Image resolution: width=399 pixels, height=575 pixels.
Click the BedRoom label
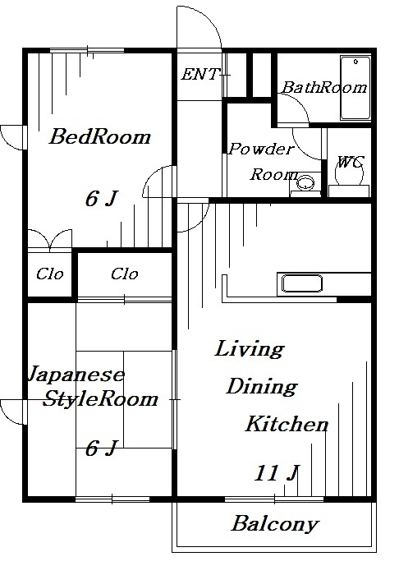99,137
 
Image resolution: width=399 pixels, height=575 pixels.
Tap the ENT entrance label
199,75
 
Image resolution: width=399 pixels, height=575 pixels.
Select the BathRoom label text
324,88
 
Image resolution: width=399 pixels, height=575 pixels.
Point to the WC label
351,162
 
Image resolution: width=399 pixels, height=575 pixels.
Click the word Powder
260,149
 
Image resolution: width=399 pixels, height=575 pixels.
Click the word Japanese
76,375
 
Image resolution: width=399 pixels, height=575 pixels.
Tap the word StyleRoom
100,400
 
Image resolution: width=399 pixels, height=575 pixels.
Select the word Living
250,349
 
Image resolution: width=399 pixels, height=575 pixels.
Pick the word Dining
262,387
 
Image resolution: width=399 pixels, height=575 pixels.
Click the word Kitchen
287,425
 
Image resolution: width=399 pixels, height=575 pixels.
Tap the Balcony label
274,523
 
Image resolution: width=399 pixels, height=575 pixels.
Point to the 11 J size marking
275,474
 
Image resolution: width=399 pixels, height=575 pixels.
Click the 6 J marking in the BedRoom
102,199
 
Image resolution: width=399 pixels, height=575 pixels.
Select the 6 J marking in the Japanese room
102,448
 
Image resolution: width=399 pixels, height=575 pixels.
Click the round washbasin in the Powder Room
307,182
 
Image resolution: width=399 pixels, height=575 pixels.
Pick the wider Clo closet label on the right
124,274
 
